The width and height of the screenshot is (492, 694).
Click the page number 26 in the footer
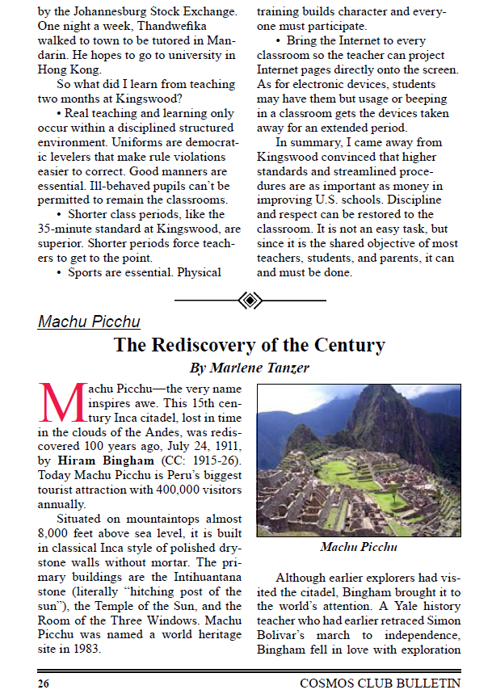click(44, 683)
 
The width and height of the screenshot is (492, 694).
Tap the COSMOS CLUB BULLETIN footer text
click(380, 683)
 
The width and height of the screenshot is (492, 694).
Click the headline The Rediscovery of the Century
click(249, 345)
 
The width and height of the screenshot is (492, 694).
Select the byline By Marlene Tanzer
click(249, 368)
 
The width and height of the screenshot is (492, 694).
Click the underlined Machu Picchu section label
click(89, 322)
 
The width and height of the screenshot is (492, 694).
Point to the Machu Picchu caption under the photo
click(358, 547)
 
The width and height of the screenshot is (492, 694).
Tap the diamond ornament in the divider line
click(250, 301)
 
